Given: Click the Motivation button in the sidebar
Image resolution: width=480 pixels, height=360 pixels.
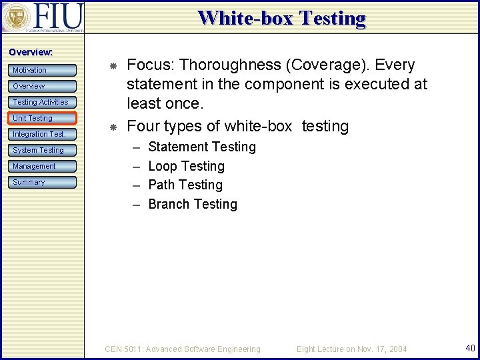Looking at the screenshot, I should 43,70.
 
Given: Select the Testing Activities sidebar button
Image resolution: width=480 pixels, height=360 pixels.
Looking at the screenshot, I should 43,102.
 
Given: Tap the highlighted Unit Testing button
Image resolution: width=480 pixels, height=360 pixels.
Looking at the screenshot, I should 43,118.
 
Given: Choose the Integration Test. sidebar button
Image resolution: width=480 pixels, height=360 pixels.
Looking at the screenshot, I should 43,134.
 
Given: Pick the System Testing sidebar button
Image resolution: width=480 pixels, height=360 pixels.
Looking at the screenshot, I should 43,150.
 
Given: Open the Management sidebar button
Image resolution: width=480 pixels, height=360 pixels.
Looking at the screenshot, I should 43,166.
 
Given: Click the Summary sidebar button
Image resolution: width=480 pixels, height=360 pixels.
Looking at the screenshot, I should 43,182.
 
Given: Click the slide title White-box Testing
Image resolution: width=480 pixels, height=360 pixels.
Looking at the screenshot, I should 281,18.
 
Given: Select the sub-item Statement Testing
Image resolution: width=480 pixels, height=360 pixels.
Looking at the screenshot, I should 201,147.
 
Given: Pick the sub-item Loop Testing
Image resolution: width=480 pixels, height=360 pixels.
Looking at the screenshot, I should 186,166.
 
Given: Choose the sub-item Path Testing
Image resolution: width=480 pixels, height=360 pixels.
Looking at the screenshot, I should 185,185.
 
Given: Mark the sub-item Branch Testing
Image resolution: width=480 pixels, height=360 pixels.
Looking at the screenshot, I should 192,204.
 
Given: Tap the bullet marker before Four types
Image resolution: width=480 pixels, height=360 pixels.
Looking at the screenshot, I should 114,127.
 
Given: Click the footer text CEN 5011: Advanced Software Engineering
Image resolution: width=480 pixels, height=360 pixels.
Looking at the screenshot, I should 183,349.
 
